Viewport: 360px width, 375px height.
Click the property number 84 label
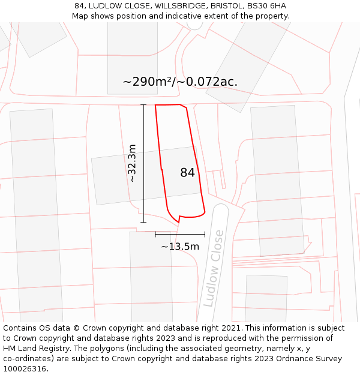187,173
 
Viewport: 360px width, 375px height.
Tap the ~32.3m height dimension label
133,163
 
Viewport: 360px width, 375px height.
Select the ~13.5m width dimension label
180,247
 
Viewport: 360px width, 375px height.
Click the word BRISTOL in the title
226,6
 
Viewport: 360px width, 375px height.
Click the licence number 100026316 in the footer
25,369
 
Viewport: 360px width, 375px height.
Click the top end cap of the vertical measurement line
143,105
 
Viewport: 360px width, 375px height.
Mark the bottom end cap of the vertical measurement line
143,223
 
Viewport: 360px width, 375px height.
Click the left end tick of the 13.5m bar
155,235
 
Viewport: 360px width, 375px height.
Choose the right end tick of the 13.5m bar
205,235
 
